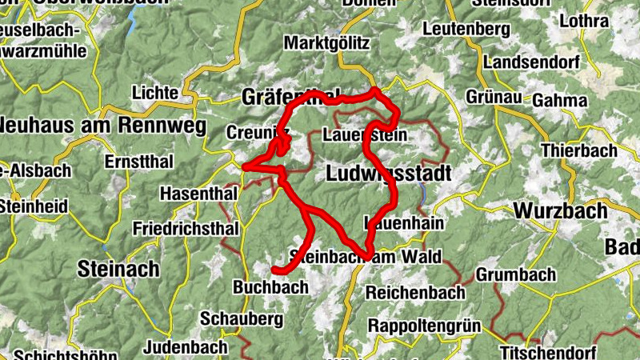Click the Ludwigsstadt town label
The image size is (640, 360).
389,174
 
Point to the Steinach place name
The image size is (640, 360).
118,269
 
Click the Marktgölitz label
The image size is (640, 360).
326,42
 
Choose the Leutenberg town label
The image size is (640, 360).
466,30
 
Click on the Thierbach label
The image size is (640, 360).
578,150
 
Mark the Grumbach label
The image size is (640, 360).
516,275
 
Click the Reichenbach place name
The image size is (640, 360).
415,293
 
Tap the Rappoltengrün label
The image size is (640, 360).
423,326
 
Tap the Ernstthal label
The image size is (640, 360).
138,162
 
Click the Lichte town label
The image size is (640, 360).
156,93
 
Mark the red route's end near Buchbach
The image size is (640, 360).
274,270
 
